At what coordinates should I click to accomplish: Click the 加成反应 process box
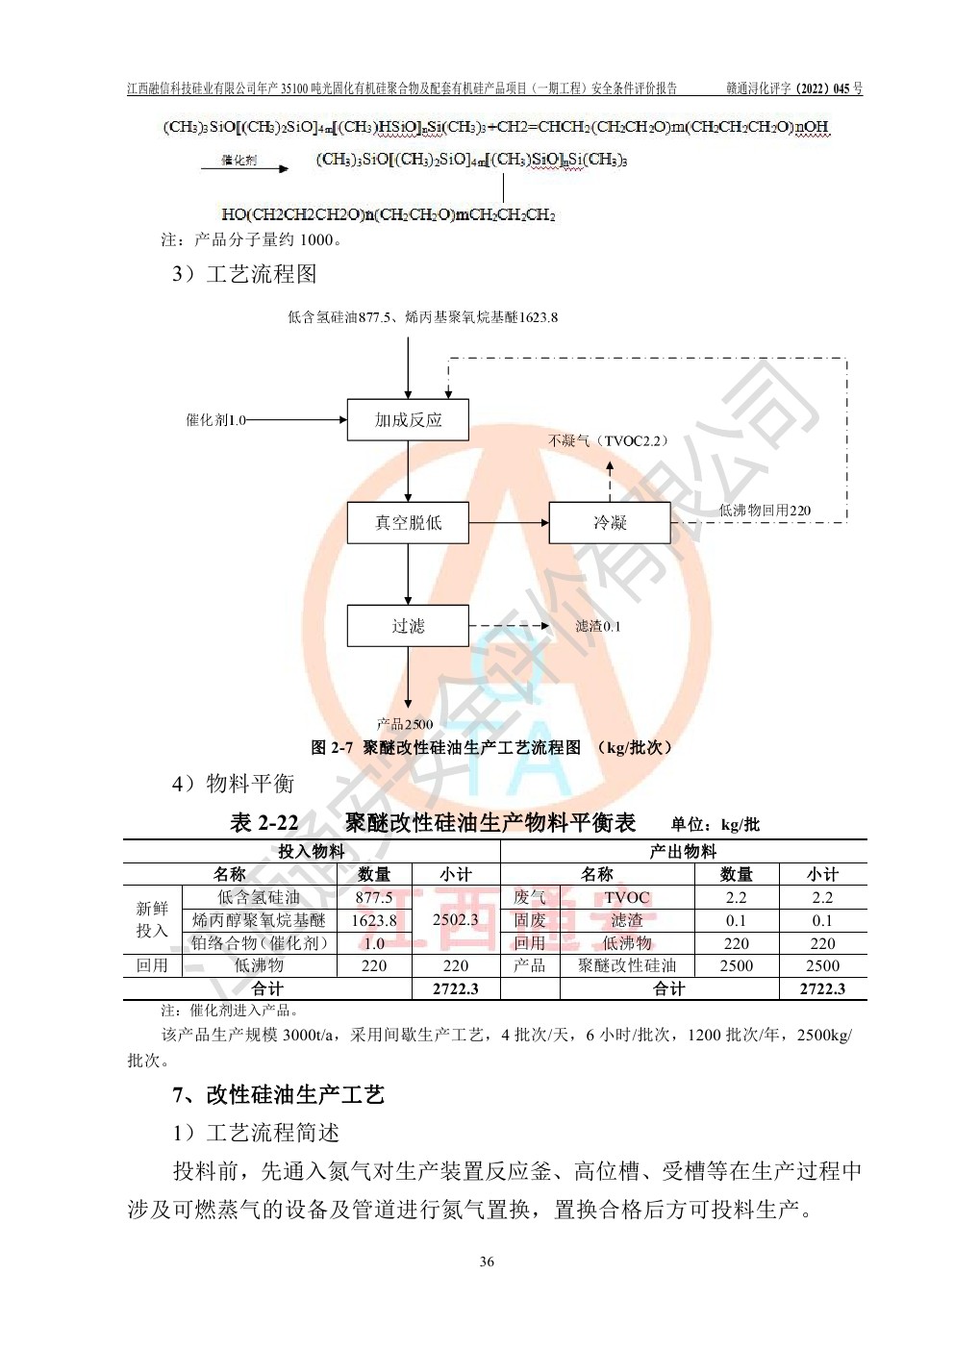(x=408, y=419)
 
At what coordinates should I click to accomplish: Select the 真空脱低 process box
(x=408, y=523)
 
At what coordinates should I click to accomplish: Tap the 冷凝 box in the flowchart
(x=609, y=523)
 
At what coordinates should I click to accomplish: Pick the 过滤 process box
(x=408, y=626)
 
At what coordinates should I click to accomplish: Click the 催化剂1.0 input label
(x=215, y=420)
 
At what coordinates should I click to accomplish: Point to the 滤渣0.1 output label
(x=598, y=626)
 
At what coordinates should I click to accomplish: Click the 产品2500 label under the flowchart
(x=405, y=724)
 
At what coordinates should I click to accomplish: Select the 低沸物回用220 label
(x=765, y=511)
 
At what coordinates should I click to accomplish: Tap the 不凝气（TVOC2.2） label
(x=608, y=440)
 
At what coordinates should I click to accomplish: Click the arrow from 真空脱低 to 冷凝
(x=509, y=523)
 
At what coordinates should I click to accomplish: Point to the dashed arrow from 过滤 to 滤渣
(x=509, y=626)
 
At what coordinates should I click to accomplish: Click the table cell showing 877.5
(x=374, y=897)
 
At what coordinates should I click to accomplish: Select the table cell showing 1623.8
(x=374, y=920)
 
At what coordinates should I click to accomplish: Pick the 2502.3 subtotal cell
(x=455, y=919)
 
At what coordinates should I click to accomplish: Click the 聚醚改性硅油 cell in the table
(x=627, y=965)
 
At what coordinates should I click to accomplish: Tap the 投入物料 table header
(x=312, y=851)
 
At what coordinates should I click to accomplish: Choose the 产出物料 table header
(x=683, y=851)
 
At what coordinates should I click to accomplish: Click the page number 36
(x=487, y=1262)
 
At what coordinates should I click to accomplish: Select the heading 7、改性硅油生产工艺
(x=278, y=1094)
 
